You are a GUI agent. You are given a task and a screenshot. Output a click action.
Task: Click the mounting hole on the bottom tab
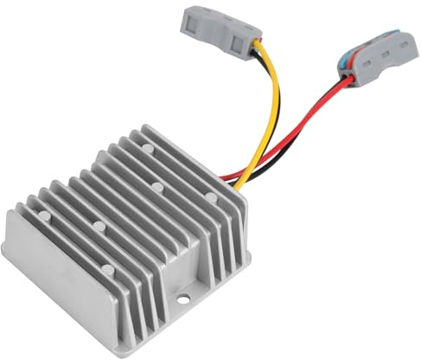(x=184, y=300)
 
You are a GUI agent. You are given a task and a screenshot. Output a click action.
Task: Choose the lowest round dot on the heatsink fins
(x=99, y=227)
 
